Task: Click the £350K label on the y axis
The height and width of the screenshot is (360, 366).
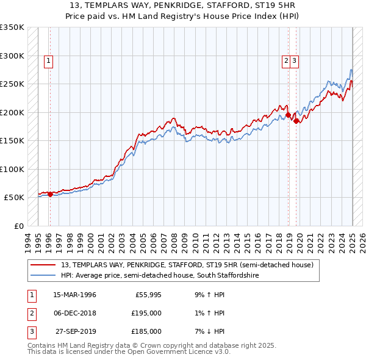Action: (x=12, y=27)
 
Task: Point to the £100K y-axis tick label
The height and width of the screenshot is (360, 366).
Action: (x=12, y=169)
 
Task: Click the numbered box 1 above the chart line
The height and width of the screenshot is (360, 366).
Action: (x=48, y=60)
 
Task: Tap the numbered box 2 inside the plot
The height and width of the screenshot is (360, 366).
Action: (x=285, y=60)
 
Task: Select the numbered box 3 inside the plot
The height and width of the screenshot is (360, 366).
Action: (x=294, y=60)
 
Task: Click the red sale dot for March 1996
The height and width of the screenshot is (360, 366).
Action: (x=50, y=194)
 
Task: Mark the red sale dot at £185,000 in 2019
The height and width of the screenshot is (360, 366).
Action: (x=296, y=121)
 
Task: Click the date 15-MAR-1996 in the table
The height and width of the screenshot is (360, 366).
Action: (x=74, y=295)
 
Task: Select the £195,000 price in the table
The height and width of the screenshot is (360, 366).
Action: (x=147, y=313)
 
